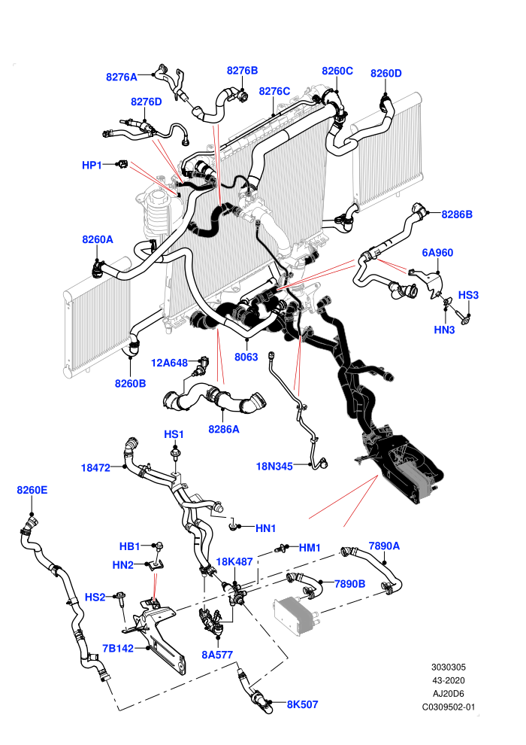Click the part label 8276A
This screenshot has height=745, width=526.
[122, 77]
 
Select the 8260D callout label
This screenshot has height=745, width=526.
[385, 73]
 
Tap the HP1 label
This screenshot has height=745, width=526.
[92, 165]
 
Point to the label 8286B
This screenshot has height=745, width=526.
[457, 214]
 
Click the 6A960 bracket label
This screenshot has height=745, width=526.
[437, 252]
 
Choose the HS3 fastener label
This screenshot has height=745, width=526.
[468, 295]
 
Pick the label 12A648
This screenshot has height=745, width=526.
[169, 363]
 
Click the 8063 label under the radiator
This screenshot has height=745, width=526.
[246, 357]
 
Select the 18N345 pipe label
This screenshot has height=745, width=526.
[274, 466]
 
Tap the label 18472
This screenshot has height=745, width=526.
[95, 468]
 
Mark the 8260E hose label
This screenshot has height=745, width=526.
[32, 490]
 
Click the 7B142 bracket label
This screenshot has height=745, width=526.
[118, 648]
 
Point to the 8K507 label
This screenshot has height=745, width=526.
[302, 704]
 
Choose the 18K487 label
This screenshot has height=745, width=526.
[234, 561]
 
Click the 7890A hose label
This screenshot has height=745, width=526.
[384, 546]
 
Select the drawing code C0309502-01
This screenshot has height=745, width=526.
[448, 707]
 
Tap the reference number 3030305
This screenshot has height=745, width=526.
[448, 667]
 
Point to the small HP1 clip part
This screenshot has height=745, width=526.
[122, 164]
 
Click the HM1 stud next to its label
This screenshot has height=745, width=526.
[283, 549]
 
